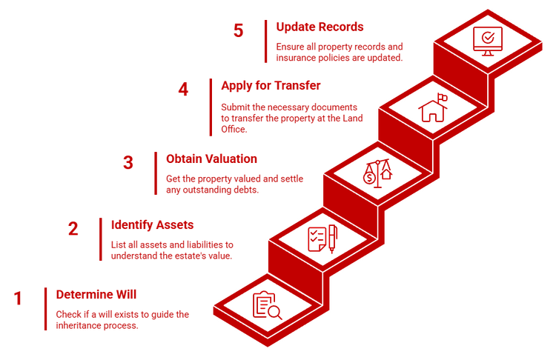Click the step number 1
(18, 299)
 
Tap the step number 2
(73, 229)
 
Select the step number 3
(128, 163)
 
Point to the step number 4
(183, 90)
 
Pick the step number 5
(237, 30)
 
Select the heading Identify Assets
(152, 224)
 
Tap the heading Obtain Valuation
(212, 159)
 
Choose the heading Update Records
(320, 27)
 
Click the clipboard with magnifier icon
(267, 306)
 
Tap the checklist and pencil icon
(323, 239)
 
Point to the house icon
(433, 109)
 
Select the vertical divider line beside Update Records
(265, 41)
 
